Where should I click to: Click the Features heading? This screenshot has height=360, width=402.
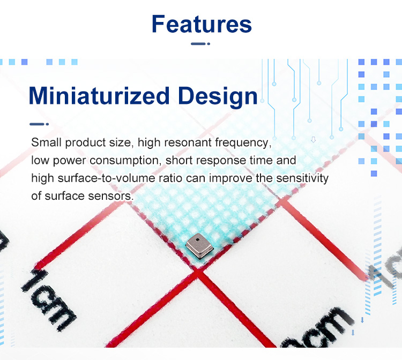202,24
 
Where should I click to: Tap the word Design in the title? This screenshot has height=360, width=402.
218,96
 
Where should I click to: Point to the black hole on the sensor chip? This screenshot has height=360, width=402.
197,240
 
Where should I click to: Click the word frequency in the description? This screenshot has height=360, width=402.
243,142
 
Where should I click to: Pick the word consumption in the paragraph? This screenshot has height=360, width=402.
125,161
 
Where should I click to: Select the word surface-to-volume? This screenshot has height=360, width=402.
107,178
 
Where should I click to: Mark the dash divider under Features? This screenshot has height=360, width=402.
200,44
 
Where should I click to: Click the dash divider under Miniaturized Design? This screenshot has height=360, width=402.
39,124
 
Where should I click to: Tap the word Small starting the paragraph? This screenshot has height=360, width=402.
47,142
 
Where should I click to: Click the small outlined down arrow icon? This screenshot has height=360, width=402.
314,140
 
